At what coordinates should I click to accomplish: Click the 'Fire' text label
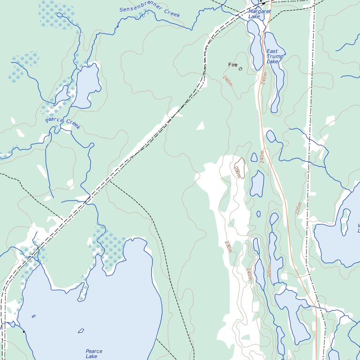[x=232, y=65]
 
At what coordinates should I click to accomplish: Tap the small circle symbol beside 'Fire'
[x=240, y=69]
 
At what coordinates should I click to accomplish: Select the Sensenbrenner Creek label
[x=150, y=12]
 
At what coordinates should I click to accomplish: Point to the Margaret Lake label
[x=260, y=14]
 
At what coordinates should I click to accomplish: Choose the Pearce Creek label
[x=63, y=124]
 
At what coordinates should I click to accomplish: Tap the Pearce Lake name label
[x=94, y=354]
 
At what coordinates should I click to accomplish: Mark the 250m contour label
[x=237, y=172]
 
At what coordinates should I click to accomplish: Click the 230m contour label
[x=228, y=247]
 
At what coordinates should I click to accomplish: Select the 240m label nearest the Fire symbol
[x=228, y=81]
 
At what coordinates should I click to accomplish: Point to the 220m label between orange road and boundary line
[x=299, y=208]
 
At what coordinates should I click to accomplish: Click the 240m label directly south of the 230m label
[x=249, y=274]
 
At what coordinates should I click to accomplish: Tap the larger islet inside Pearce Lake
[x=81, y=331]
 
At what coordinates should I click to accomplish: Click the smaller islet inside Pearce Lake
[x=34, y=316]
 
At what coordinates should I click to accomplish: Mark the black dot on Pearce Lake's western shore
[x=23, y=332]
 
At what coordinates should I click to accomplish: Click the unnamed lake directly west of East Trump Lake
[x=255, y=45]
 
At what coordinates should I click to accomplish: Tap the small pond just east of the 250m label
[x=254, y=157]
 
